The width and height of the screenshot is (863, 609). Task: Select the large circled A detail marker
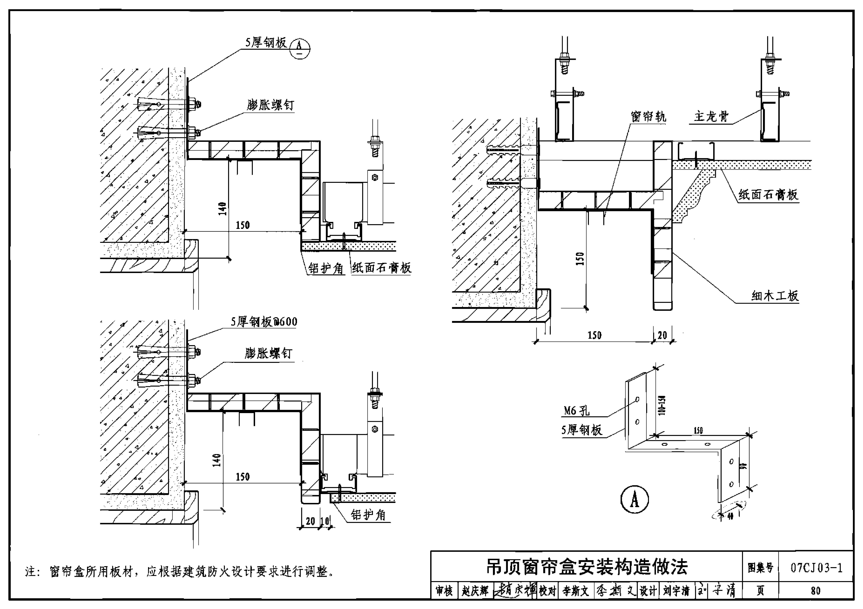[634, 500]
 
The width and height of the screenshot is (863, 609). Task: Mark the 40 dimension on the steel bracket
[730, 517]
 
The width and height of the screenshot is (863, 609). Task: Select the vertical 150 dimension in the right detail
[580, 259]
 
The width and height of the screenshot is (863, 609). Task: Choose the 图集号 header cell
[760, 568]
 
